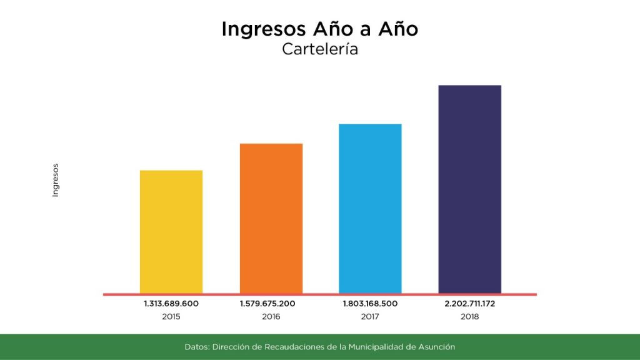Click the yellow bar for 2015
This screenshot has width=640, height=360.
171,231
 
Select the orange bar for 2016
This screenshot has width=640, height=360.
271,218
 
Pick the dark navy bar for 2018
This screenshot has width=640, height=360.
470,189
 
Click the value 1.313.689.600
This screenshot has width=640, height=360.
171,304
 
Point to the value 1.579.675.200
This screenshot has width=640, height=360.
267,304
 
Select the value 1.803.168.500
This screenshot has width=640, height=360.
370,304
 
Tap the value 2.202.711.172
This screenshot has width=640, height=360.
470,304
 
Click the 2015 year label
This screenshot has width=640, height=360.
171,317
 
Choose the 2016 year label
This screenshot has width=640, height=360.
271,317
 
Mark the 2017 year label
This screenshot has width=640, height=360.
370,317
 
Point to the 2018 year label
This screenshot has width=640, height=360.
470,317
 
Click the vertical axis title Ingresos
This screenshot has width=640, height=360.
55,181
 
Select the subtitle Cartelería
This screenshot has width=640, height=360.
320,49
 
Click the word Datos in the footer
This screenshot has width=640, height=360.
197,346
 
